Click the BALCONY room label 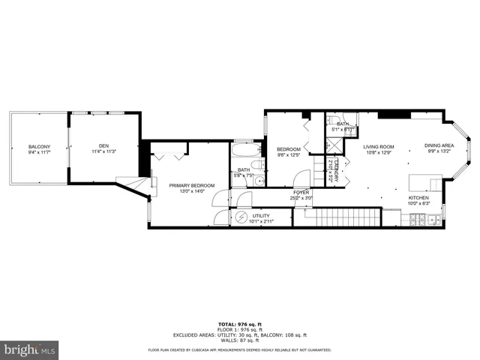(39, 146)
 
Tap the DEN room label (103, 146)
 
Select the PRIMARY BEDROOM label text (191, 185)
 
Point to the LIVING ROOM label (379, 147)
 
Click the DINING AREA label (439, 145)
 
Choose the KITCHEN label (418, 197)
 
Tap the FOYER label (301, 192)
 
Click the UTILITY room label (261, 215)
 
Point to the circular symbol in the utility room (241, 217)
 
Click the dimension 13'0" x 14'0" (191, 191)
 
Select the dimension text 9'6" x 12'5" (289, 155)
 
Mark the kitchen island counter (424, 184)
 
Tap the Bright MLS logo (30, 349)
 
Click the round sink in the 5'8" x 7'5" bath (258, 181)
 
